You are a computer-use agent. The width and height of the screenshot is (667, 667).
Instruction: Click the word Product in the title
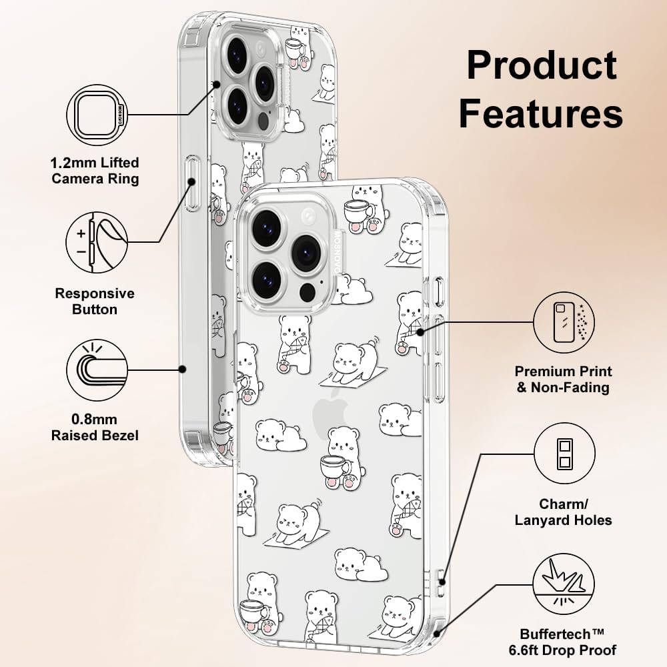[x=542, y=65]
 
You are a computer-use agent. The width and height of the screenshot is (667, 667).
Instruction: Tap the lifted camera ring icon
[x=97, y=115]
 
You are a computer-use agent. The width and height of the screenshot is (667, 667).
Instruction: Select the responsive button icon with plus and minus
[x=97, y=243]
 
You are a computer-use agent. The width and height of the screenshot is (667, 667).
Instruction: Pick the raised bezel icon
[x=97, y=370]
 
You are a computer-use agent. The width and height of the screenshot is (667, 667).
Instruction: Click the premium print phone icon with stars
[x=564, y=322]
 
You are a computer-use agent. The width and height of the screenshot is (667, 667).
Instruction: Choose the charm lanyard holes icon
[x=564, y=454]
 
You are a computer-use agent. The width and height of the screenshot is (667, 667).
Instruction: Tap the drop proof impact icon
[x=564, y=584]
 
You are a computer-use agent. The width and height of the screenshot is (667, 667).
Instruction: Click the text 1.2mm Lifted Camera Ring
[x=95, y=171]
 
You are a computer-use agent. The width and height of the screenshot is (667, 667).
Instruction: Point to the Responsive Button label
[x=95, y=301]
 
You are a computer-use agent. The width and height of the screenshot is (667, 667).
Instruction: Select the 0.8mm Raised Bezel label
[x=95, y=427]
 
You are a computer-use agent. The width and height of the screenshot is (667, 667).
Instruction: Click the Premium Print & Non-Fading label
[x=563, y=379]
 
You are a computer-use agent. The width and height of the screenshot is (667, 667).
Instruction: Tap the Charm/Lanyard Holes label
[x=563, y=512]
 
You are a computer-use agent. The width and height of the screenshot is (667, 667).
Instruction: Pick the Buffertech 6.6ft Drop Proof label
[x=562, y=642]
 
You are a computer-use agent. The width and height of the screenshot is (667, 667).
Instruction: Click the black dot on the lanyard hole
[x=442, y=582]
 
